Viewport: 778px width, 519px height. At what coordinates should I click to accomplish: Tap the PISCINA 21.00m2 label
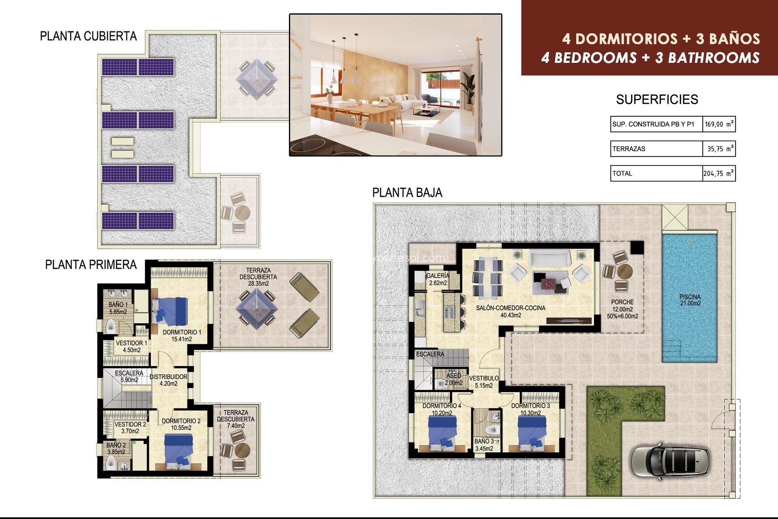tap(690, 300)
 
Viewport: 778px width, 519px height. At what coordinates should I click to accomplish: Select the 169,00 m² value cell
tap(719, 124)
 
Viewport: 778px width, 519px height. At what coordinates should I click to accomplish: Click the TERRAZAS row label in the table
tap(629, 149)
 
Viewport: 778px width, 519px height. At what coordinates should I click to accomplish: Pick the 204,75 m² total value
tap(718, 174)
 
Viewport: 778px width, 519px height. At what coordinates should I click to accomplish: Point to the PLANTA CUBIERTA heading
tap(88, 36)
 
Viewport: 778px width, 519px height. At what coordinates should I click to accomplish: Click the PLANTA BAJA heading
tap(407, 193)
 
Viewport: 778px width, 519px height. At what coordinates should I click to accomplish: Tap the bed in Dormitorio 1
tap(170, 311)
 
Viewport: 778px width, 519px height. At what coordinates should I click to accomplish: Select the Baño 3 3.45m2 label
tap(484, 445)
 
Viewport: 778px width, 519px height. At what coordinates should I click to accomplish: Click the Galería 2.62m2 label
tap(438, 279)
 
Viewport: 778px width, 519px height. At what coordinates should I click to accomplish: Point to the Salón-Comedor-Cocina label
tap(511, 311)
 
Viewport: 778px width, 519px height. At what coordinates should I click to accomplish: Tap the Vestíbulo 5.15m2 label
tap(484, 382)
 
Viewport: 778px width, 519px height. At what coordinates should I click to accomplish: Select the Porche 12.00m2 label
tap(622, 309)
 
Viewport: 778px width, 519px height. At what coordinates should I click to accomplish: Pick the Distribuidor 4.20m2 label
tap(169, 380)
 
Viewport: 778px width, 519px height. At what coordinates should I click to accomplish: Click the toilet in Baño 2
tap(111, 462)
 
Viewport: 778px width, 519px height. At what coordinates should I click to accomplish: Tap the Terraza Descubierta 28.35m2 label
tap(258, 277)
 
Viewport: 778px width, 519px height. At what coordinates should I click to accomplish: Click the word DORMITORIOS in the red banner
tap(626, 39)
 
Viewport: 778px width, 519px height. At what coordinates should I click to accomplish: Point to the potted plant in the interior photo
tap(468, 90)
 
